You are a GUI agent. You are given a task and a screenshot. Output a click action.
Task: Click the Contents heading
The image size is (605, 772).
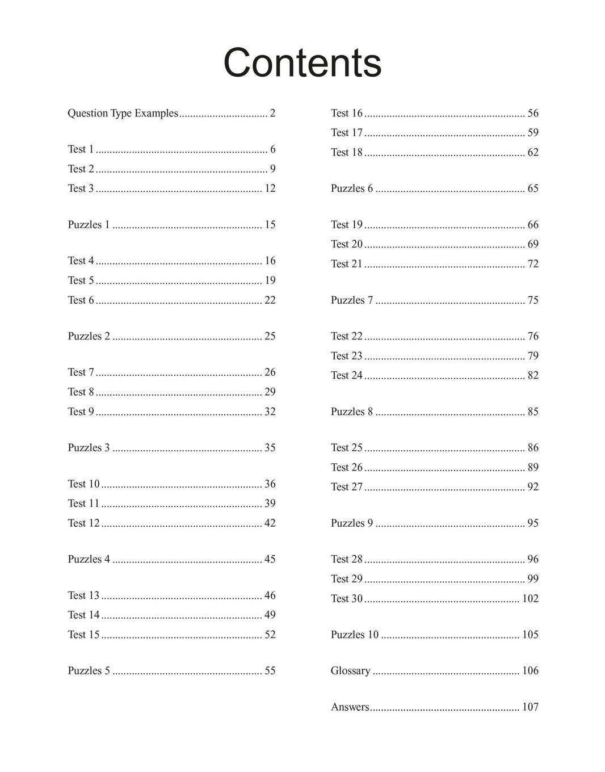tap(302, 62)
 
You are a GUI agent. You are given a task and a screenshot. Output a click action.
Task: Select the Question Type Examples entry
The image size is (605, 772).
tap(123, 113)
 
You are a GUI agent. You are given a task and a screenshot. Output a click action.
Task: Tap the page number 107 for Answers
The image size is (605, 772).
tap(530, 707)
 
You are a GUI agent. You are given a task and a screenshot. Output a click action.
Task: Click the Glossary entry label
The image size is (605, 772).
tap(350, 670)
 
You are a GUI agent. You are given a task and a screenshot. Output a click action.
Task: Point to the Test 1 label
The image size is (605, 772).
tap(81, 149)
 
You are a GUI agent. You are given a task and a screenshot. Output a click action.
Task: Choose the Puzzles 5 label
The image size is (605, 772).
tap(89, 670)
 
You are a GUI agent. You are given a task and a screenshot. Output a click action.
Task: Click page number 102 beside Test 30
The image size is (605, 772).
tap(530, 598)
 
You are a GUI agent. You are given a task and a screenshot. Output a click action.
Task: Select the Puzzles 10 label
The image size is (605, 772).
tap(354, 635)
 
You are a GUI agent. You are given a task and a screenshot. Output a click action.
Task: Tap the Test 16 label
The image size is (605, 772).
tap(346, 113)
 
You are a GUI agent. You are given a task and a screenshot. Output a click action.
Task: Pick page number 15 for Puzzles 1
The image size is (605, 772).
tap(270, 225)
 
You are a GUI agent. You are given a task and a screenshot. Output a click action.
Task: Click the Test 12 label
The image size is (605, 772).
tap(83, 523)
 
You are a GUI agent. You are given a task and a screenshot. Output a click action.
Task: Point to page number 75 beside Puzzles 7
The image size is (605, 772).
tap(533, 300)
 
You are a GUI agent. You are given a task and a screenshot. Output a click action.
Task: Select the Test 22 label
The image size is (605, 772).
tap(346, 336)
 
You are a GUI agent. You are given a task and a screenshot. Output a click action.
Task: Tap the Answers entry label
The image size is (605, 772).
tap(350, 707)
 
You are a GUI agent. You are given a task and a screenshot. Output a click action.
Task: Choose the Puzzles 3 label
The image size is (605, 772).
tap(89, 448)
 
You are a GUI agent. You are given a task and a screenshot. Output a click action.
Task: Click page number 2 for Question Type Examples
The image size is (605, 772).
tap(272, 113)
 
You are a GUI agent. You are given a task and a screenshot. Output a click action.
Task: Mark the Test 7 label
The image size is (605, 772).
tap(81, 372)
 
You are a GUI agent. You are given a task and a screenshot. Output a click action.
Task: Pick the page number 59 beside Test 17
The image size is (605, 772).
tap(533, 133)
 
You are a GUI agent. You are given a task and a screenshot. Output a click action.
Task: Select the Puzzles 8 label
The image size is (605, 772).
tap(352, 412)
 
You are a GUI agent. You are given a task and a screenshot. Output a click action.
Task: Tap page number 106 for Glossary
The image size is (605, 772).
tap(530, 670)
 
